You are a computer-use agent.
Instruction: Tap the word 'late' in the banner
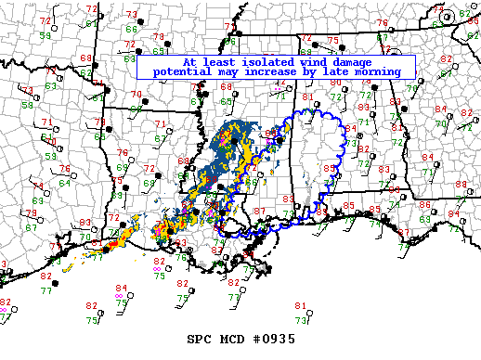332,71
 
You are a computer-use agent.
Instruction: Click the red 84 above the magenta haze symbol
121,289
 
